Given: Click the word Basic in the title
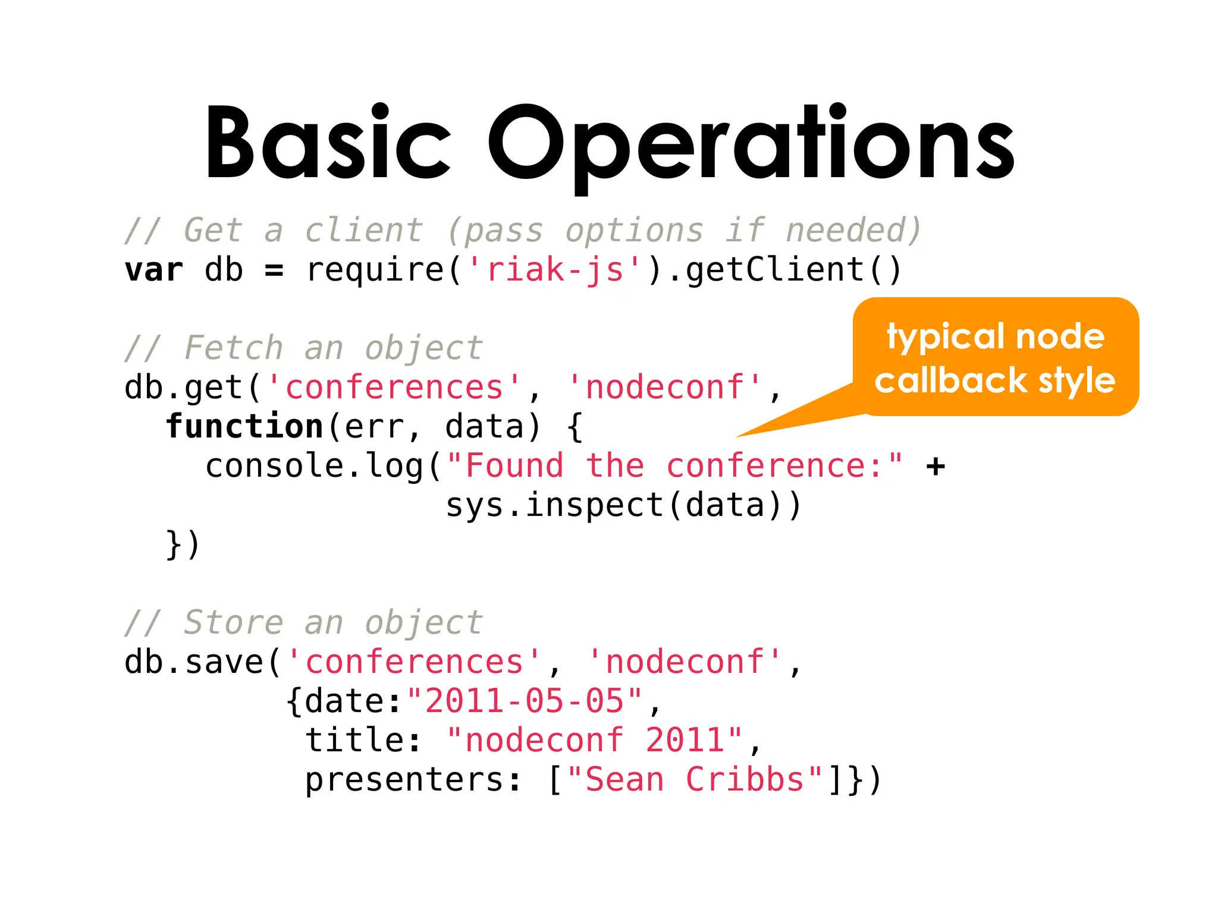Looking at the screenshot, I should tap(328, 143).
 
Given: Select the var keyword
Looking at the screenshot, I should tap(153, 270).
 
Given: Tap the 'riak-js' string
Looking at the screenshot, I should tap(554, 270).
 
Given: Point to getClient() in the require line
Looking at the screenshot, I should tap(794, 270).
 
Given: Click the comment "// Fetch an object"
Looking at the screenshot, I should tap(303, 348).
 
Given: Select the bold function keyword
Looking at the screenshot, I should tap(244, 427).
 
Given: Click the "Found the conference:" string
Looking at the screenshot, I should tap(674, 465).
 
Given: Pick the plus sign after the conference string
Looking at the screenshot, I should tap(936, 465).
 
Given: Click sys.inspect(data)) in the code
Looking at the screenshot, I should tap(623, 505).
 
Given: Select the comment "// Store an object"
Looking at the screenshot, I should tap(303, 622).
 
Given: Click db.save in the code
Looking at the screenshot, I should tap(194, 662).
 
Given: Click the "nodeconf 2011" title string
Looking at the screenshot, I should tap(595, 741).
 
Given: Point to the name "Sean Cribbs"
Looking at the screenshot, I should tap(694, 780).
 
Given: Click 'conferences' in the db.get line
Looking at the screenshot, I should tap(394, 388).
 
